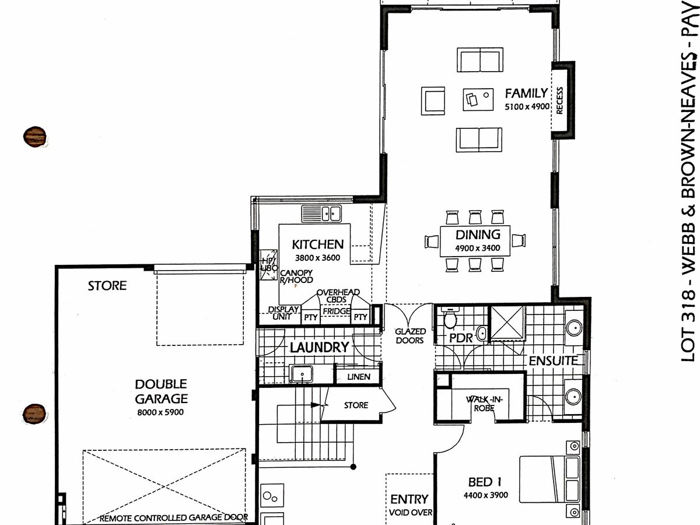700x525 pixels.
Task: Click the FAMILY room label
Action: pyautogui.click(x=526, y=93)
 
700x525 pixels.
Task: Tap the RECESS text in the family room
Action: pyautogui.click(x=559, y=101)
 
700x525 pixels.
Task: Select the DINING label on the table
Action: pyautogui.click(x=478, y=235)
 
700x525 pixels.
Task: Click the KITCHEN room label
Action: pyautogui.click(x=318, y=244)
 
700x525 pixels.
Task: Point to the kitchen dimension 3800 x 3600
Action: pyautogui.click(x=318, y=258)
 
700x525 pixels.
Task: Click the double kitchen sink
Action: pyautogui.click(x=321, y=214)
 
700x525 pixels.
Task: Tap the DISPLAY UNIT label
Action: pyautogui.click(x=283, y=313)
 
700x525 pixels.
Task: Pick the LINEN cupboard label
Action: pyautogui.click(x=358, y=377)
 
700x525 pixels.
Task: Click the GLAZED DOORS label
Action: pyautogui.click(x=409, y=336)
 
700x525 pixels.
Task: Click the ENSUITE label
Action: pyautogui.click(x=552, y=361)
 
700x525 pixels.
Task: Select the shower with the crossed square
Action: pyautogui.click(x=508, y=323)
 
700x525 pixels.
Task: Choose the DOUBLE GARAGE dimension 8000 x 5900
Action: pyautogui.click(x=161, y=412)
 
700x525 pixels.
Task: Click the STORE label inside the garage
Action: pyautogui.click(x=107, y=286)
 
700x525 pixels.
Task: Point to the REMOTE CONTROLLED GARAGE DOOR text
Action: pyautogui.click(x=174, y=517)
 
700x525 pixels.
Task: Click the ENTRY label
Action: pyautogui.click(x=409, y=499)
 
